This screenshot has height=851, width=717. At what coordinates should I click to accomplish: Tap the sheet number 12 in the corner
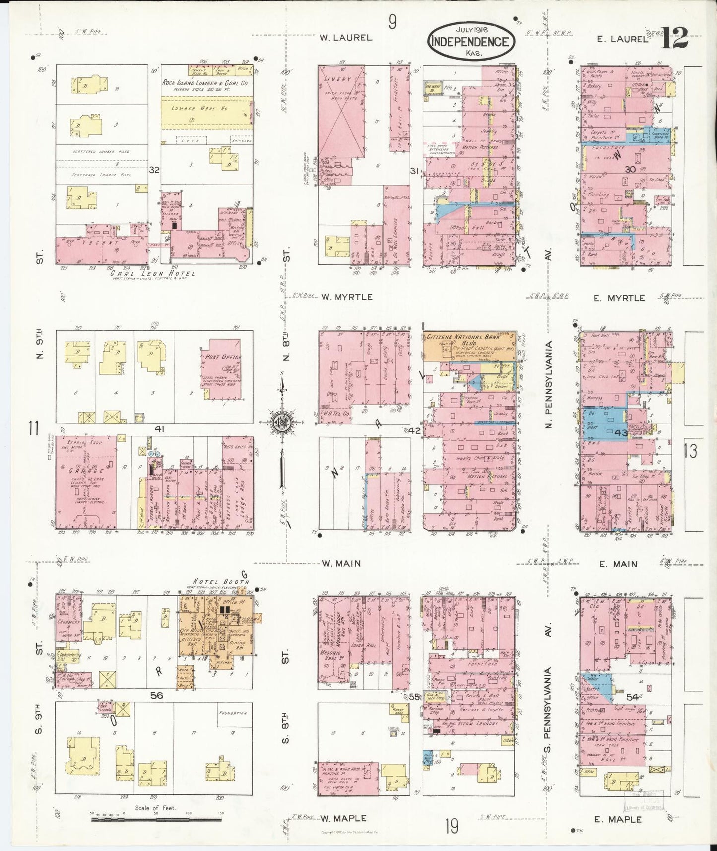pyautogui.click(x=674, y=38)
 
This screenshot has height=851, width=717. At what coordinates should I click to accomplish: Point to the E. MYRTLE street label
pyautogui.click(x=621, y=298)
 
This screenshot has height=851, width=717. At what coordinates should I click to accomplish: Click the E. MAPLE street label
pyautogui.click(x=618, y=819)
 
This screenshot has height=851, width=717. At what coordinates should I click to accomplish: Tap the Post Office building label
pyautogui.click(x=222, y=357)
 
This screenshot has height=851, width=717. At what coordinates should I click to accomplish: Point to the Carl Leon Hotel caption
pyautogui.click(x=152, y=273)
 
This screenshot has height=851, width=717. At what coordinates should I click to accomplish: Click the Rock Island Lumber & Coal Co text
pyautogui.click(x=204, y=83)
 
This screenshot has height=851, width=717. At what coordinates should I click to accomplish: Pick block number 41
pyautogui.click(x=159, y=429)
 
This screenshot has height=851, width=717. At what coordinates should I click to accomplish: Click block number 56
pyautogui.click(x=157, y=695)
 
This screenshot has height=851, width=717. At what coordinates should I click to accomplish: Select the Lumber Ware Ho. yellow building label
pyautogui.click(x=203, y=108)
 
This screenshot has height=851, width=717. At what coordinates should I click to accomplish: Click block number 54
pyautogui.click(x=632, y=697)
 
